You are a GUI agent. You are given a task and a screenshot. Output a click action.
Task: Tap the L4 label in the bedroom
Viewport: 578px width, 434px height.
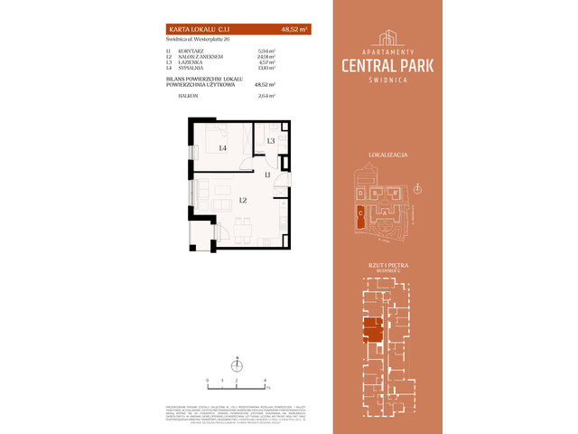pos(221,146)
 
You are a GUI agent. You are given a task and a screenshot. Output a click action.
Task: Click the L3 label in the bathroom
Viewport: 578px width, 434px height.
pos(271,141)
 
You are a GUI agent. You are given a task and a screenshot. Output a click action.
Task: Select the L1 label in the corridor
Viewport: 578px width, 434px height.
pos(268,175)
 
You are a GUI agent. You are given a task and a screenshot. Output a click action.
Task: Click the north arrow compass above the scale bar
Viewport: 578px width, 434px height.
pos(236,365)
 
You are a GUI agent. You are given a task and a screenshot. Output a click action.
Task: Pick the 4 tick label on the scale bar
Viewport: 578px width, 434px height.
pos(264,382)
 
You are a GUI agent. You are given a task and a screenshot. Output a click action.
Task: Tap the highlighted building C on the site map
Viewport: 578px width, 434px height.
pos(361,213)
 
